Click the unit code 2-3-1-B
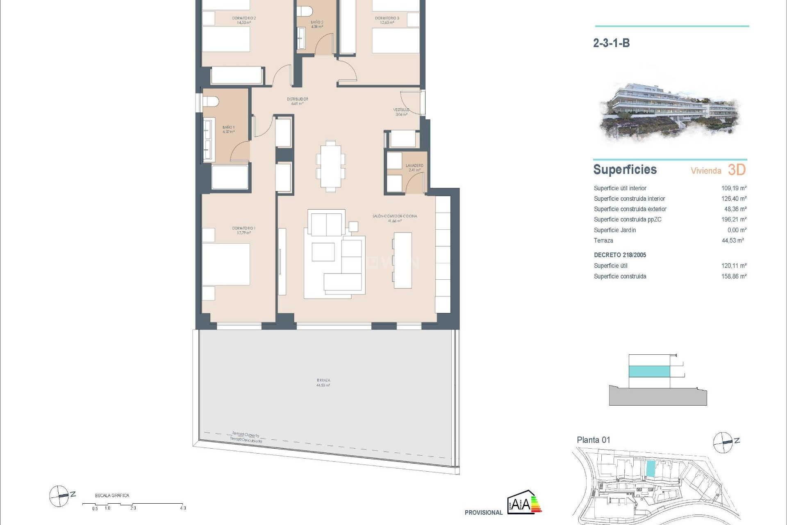(x=611, y=43)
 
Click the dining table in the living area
(x=330, y=166)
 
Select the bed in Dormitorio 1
(x=226, y=264)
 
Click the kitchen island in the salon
(x=403, y=260)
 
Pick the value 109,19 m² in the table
(x=734, y=188)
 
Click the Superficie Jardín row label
(x=614, y=230)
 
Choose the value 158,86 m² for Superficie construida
(x=734, y=276)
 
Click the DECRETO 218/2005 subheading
(x=620, y=255)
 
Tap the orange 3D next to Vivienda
(x=737, y=170)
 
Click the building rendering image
(x=670, y=111)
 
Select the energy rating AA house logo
(x=524, y=502)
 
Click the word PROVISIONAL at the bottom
(x=483, y=513)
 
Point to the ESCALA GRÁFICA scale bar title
(x=112, y=495)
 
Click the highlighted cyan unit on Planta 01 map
(x=651, y=468)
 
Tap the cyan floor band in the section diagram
(x=649, y=371)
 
